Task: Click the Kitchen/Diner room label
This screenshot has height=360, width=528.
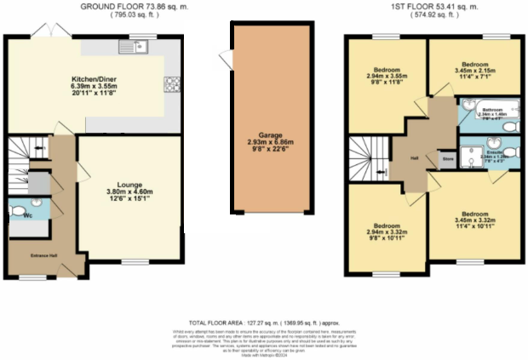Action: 95,82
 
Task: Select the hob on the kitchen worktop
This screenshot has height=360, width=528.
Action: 169,83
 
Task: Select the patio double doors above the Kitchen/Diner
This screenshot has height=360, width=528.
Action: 53,31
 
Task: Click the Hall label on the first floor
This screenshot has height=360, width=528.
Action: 412,157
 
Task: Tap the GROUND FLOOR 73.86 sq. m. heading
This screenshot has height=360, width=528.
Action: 135,6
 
